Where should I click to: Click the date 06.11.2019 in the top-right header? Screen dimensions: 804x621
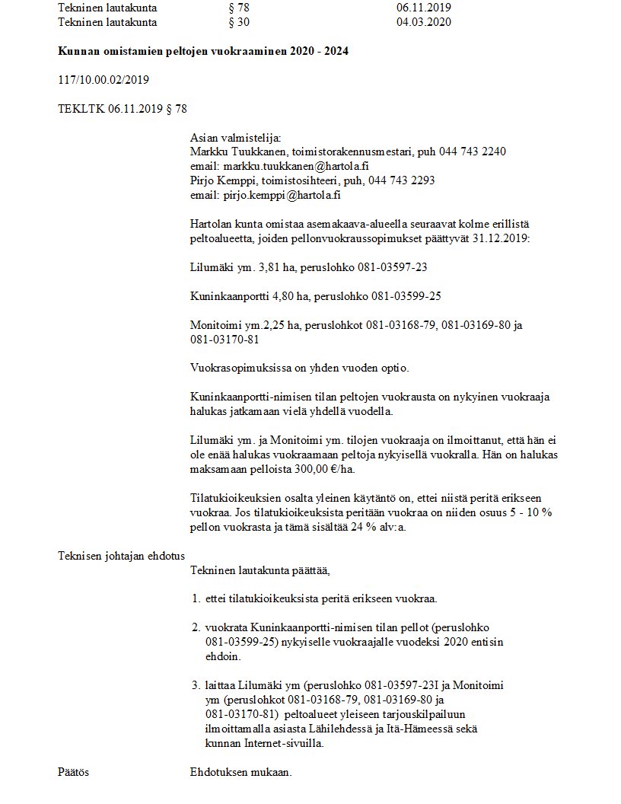424,8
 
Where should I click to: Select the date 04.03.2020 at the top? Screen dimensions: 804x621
424,22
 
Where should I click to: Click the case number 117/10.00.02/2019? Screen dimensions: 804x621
103,80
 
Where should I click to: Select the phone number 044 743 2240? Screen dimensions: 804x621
472,151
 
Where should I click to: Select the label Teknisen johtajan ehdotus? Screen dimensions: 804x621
122,555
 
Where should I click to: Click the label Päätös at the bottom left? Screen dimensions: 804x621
74,772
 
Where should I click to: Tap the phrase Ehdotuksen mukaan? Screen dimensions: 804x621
240,772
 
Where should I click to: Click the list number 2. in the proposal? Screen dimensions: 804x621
195,627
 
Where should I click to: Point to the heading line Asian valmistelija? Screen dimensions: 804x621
235,137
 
